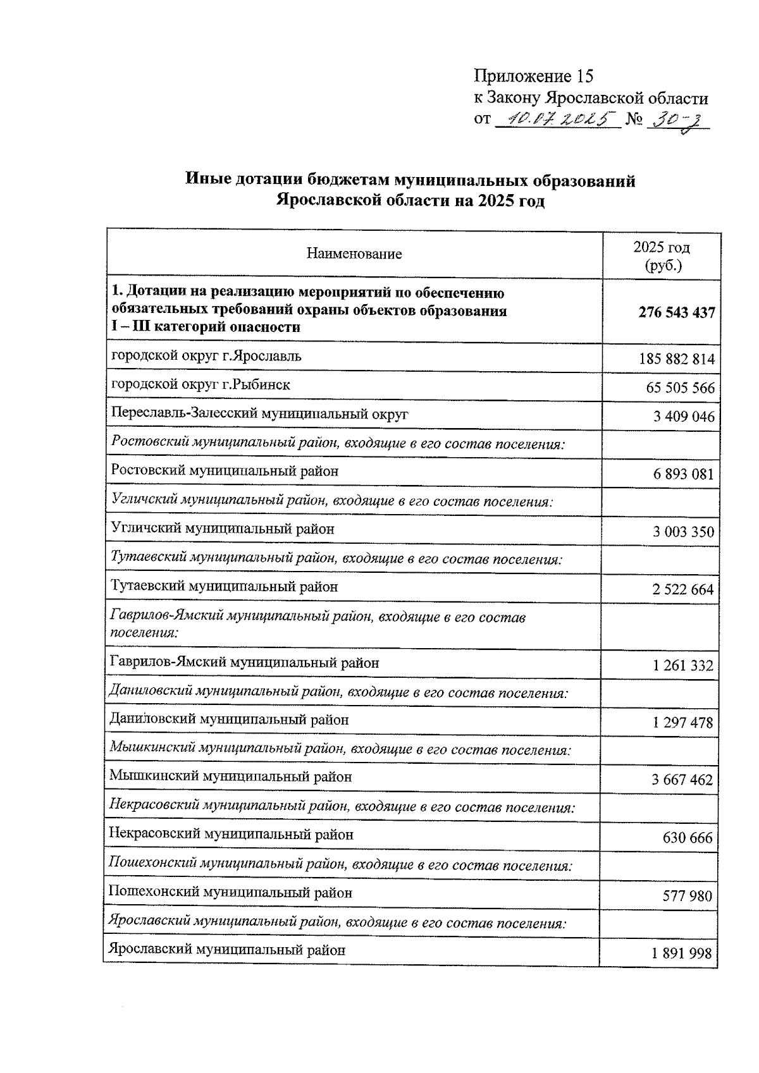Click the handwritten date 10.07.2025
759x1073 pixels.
[557, 119]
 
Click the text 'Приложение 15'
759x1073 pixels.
[534, 77]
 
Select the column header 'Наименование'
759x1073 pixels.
[354, 254]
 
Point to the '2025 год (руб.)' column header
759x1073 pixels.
[662, 255]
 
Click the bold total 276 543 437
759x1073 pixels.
[676, 312]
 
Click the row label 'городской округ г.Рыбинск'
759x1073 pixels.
[201, 384]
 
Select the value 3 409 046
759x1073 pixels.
[684, 417]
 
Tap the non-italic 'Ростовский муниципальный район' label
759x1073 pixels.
[225, 471]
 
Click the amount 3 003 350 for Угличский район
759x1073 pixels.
[683, 532]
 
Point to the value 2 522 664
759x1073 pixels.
[682, 590]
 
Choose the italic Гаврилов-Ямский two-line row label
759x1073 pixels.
[316, 624]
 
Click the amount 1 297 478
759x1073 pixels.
[682, 723]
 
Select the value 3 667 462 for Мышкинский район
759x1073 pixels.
[682, 780]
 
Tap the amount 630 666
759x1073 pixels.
[687, 838]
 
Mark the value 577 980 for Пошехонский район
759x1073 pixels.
[687, 897]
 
